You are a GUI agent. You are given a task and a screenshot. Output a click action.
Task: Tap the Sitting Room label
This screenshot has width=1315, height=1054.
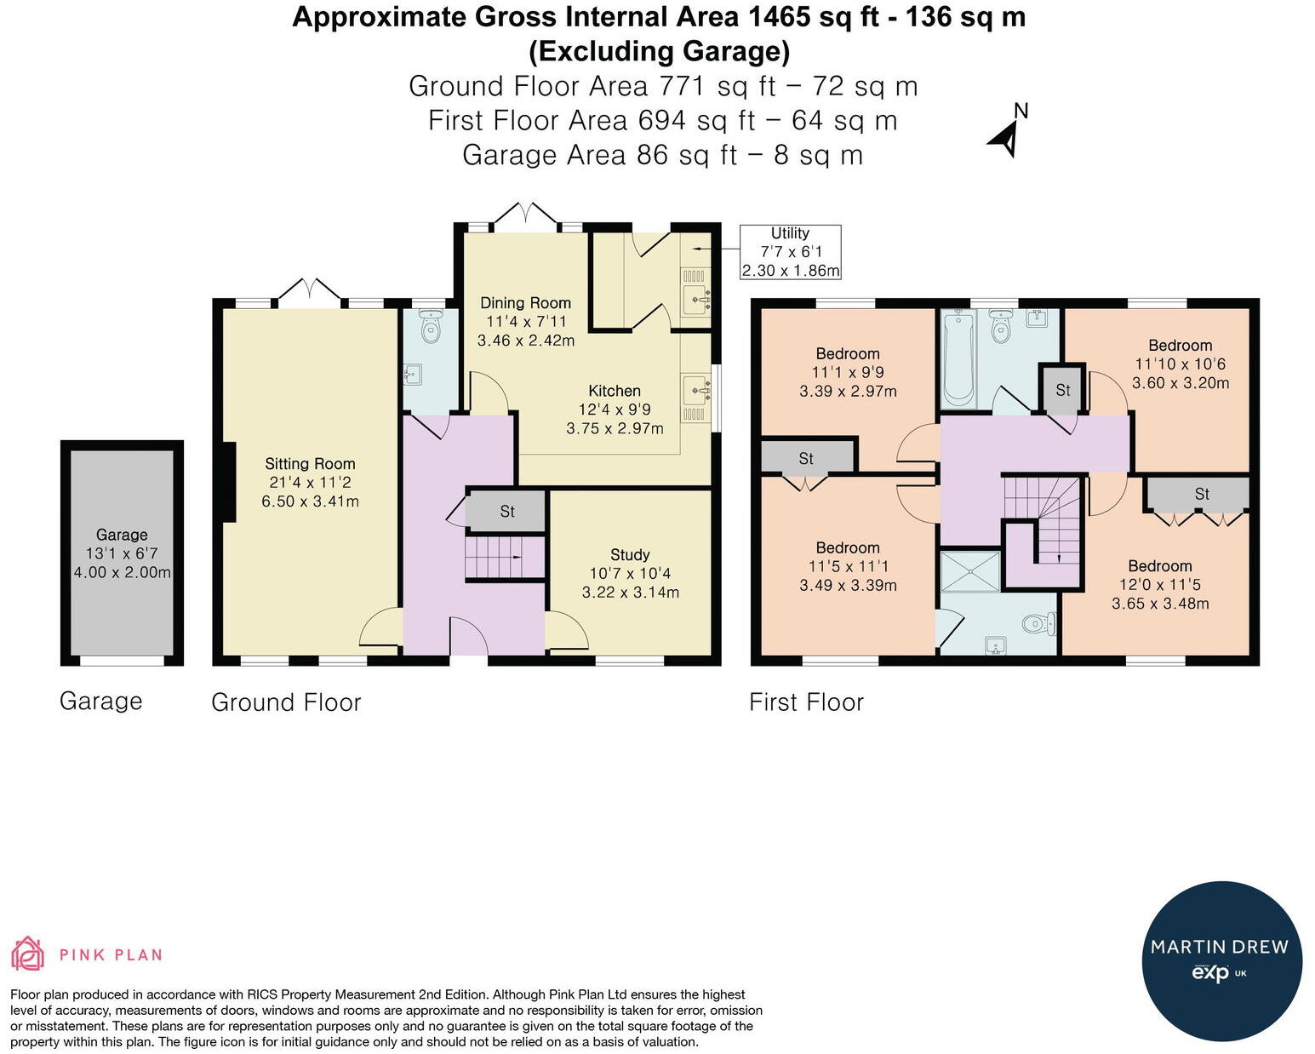click(x=310, y=464)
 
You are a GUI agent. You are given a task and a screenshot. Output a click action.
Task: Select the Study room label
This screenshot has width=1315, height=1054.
click(x=630, y=554)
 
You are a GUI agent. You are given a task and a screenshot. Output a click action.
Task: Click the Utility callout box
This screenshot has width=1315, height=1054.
click(x=790, y=252)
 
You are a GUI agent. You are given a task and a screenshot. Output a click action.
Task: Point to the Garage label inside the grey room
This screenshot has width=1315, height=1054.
click(x=122, y=535)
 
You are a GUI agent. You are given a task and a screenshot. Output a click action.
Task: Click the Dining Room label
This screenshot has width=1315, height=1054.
click(x=525, y=303)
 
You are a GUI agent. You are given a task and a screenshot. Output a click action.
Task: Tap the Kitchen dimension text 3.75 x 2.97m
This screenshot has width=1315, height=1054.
click(x=615, y=428)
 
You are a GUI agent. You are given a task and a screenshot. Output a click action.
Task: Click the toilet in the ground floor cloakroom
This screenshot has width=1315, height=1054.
click(x=431, y=327)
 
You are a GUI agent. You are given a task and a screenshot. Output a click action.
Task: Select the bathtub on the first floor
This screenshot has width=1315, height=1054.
click(x=958, y=359)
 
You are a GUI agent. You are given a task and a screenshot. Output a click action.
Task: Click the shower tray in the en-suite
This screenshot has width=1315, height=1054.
click(x=970, y=571)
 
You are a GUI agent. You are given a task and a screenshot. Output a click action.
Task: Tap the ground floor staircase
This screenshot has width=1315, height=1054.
click(x=505, y=557)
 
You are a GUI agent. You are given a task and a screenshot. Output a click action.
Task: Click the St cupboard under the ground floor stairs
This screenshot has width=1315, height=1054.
click(x=506, y=511)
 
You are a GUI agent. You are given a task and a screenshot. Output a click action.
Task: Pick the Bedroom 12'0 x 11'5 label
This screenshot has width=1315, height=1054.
click(x=1160, y=565)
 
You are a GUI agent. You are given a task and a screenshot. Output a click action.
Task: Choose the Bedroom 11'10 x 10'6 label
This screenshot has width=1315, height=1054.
click(x=1180, y=346)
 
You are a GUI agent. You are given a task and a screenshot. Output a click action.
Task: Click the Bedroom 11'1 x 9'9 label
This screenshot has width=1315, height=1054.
click(x=848, y=353)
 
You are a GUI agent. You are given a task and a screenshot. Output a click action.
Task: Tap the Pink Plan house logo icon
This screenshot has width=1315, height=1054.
click(x=27, y=954)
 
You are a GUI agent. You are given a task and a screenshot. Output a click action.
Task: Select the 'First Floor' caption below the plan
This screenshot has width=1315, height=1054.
click(x=806, y=702)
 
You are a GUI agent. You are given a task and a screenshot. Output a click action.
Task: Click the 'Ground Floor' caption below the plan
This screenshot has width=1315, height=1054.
click(x=286, y=702)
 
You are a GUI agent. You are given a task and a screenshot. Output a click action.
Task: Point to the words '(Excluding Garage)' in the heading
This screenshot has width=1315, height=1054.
click(x=659, y=51)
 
